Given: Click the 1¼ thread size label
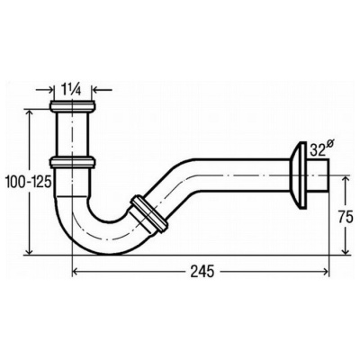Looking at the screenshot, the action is click(72, 89).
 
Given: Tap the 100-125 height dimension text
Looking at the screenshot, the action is click(27, 183).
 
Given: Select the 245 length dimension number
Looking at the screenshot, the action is click(202, 272).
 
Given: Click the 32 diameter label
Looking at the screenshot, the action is click(318, 150).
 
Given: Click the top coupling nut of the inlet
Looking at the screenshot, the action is click(72, 106).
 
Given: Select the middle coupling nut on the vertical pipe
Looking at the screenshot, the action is click(72, 161).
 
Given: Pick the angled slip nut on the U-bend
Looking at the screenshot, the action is click(148, 214).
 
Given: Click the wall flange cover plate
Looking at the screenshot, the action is click(299, 175).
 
